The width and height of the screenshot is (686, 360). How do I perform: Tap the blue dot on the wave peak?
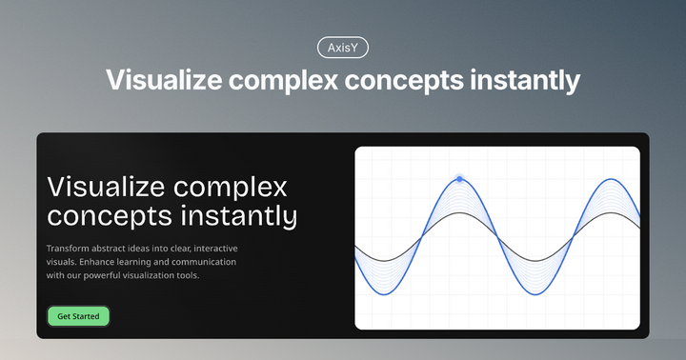(459, 178)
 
